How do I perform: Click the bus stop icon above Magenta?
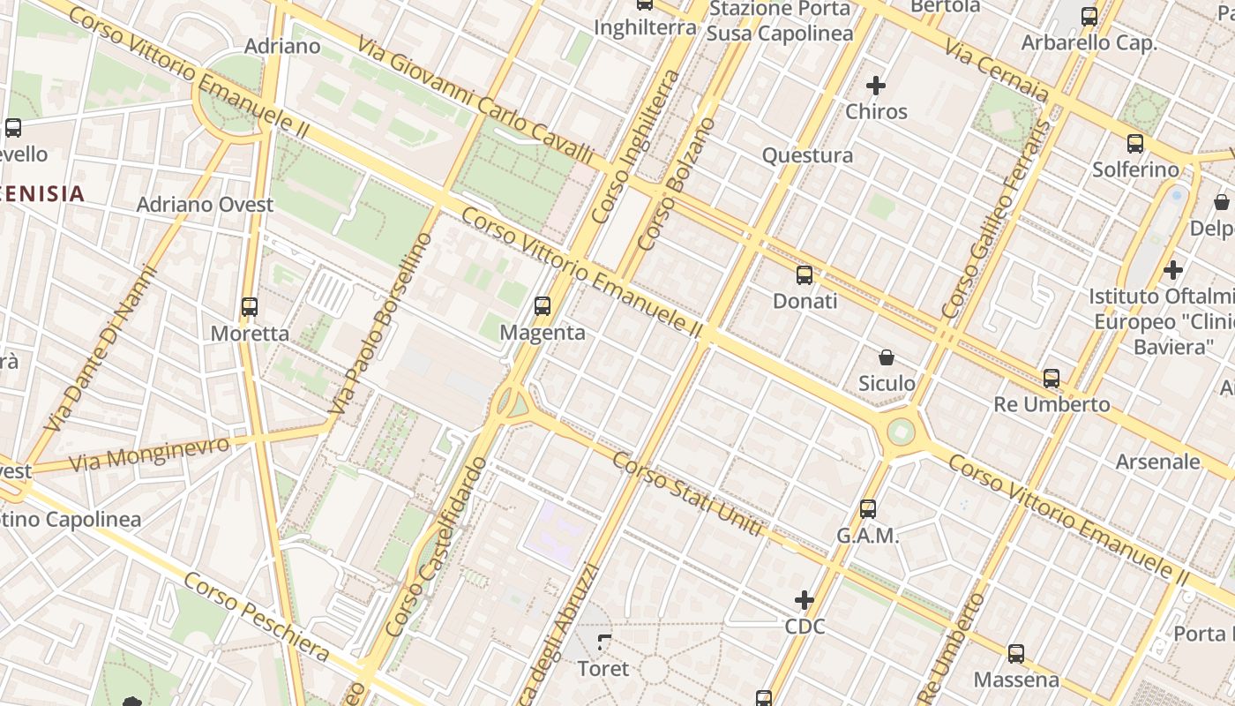tap(543, 306)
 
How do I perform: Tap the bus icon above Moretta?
tap(250, 307)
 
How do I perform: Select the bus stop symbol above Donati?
tap(805, 274)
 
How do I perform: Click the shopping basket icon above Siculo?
tap(887, 357)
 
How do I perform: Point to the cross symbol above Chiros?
tap(876, 86)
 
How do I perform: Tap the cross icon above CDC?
tap(805, 601)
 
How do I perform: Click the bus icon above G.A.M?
tap(868, 509)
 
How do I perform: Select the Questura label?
tap(807, 156)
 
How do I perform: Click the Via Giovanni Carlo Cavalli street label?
tap(476, 99)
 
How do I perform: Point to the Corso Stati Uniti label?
tap(687, 495)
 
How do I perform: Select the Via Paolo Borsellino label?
tap(382, 323)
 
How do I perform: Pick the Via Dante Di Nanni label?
tap(101, 349)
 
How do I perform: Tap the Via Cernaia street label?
tap(997, 71)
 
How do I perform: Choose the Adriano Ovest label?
tap(205, 205)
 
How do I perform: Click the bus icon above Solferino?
tap(1135, 144)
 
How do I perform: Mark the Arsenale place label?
tap(1158, 462)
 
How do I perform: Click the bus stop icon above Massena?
tap(1016, 654)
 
